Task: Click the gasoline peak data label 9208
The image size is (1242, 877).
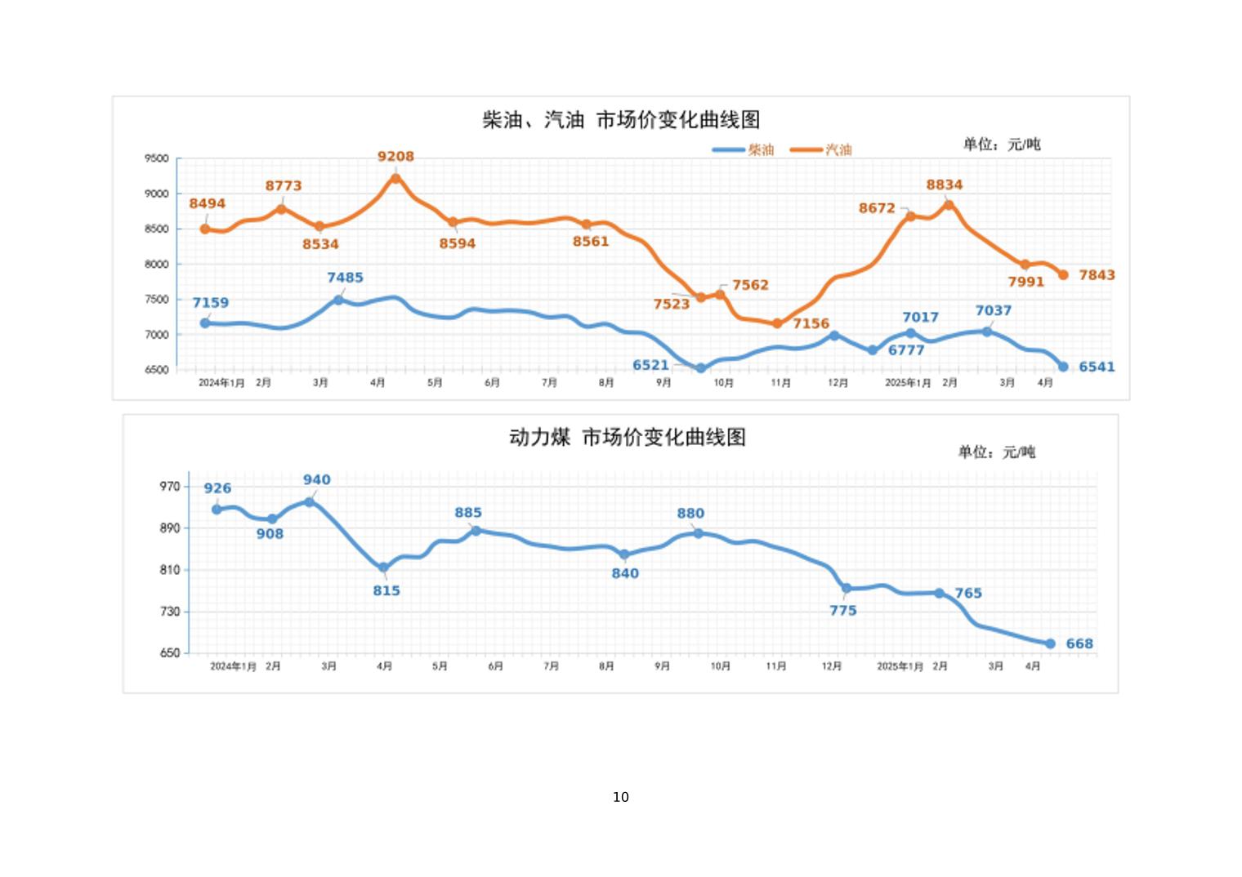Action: point(395,156)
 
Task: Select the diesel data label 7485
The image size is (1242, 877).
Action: point(345,278)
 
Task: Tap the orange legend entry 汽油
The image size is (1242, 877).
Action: point(838,149)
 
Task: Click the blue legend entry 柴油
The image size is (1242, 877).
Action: point(760,149)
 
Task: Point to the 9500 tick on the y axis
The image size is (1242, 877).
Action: point(157,158)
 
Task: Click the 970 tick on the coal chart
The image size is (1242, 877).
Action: point(170,487)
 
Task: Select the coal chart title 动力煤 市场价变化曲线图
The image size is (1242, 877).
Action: point(627,437)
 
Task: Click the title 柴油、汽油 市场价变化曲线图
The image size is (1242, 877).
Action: point(621,120)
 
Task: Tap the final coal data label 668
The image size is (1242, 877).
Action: point(1079,643)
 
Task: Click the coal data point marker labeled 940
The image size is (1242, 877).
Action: point(310,501)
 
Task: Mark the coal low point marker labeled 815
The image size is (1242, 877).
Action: point(383,568)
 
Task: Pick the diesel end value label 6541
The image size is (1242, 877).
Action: point(1097,367)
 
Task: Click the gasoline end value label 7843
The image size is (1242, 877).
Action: point(1097,275)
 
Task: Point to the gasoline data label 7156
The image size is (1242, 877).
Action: point(811,323)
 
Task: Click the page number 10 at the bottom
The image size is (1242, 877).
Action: point(621,797)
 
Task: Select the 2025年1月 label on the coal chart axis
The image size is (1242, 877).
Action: point(900,666)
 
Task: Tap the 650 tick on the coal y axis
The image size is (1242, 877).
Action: point(170,653)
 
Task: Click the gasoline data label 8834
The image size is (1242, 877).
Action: point(944,185)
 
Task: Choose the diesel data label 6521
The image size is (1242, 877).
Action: point(650,365)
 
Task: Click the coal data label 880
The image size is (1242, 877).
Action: point(690,514)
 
